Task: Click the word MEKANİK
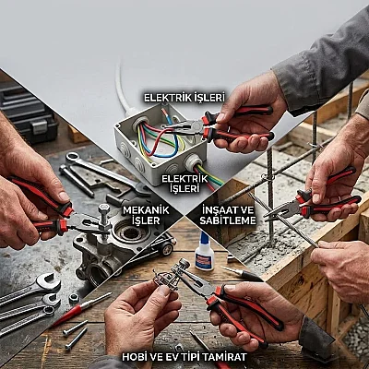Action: point(146,210)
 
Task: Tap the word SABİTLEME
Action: point(228,220)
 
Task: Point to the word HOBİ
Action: point(134,357)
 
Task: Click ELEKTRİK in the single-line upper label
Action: point(168,98)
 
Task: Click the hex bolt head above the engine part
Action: point(104,209)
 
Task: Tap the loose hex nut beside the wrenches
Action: point(74,298)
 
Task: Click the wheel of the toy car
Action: point(166,249)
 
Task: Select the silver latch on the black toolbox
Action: point(40,127)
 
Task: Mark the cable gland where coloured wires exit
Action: point(193,162)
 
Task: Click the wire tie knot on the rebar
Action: point(265,177)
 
